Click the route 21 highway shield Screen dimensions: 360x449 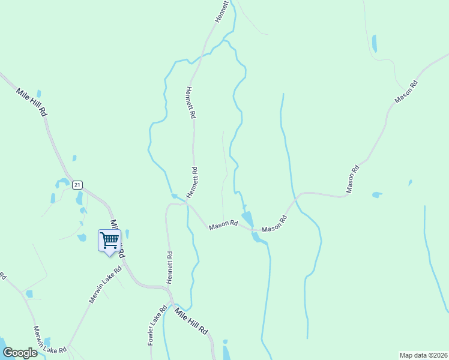[77, 185]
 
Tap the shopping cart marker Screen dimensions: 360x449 [109, 241]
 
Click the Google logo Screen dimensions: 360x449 [20, 353]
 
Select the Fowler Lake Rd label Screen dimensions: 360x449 [157, 326]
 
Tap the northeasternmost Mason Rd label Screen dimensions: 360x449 [406, 91]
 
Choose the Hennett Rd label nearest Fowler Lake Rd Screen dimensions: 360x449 [170, 268]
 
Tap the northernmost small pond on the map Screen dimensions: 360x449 [375, 43]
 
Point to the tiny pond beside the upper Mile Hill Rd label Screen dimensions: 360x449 [39, 94]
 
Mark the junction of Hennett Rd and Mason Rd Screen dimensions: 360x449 [187, 205]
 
